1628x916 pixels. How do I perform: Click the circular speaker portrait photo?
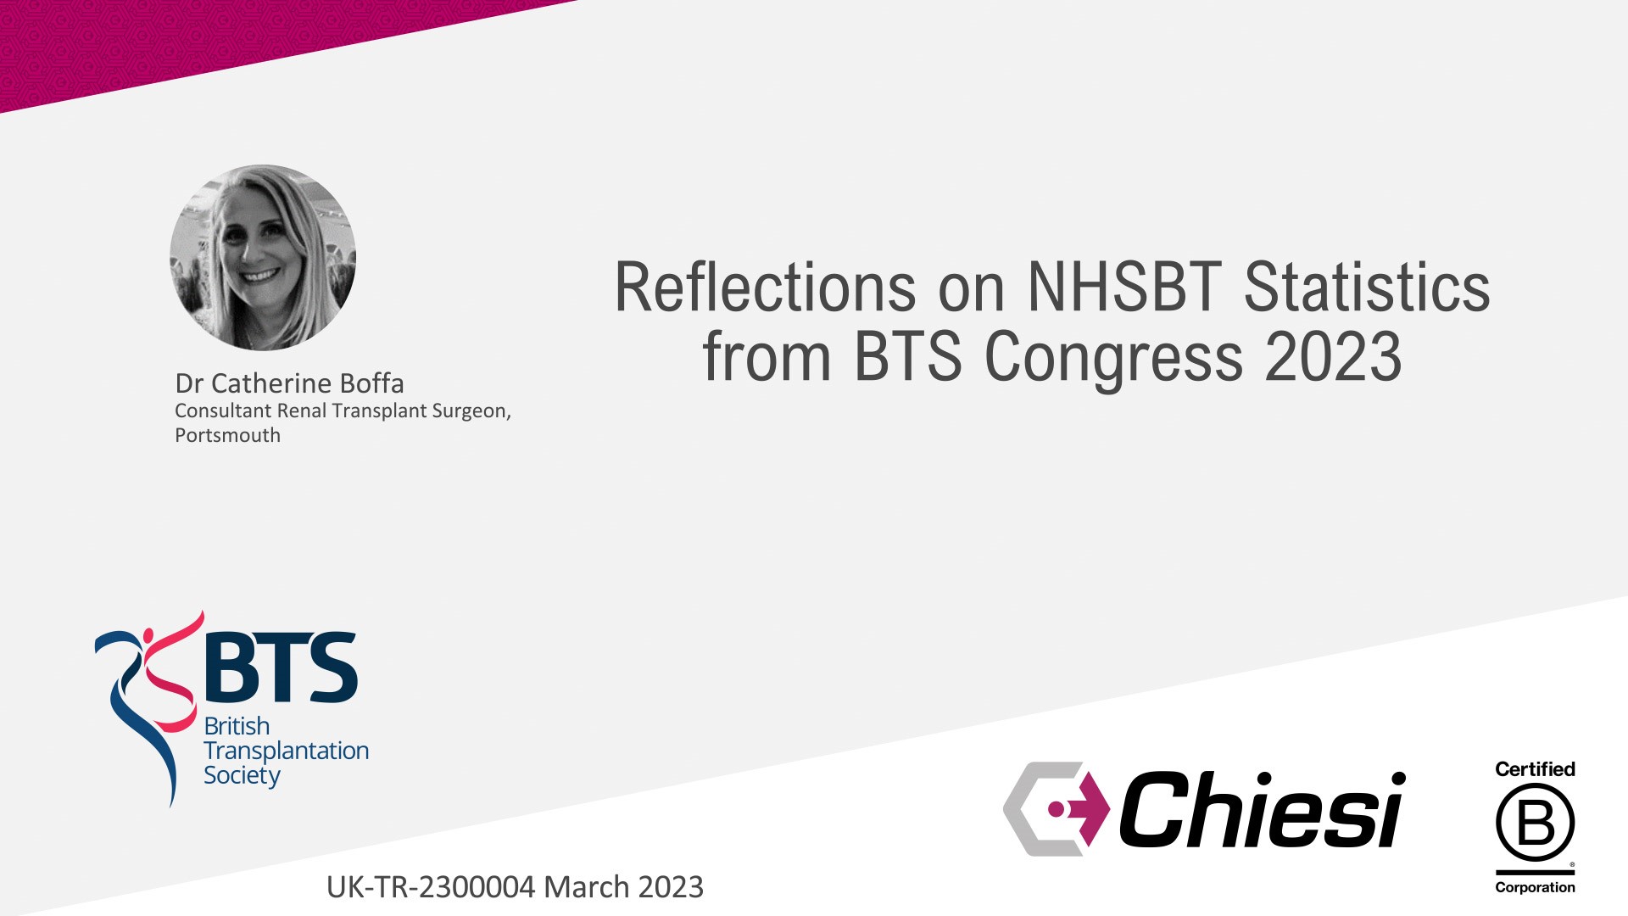263,258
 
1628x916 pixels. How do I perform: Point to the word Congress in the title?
1113,357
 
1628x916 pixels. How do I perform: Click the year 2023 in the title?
1334,356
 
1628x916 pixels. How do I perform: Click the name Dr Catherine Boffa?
289,383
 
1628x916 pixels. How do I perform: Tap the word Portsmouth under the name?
227,435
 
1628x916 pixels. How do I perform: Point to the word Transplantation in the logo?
286,751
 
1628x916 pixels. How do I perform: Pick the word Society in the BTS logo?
242,776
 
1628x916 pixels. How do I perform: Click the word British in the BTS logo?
237,726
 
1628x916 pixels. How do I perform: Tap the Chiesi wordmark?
1263,809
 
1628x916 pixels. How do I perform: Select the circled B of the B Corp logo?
1535,823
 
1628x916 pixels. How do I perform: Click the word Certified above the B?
1535,769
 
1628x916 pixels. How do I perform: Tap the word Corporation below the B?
1535,887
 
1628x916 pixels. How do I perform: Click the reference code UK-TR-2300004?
431,887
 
